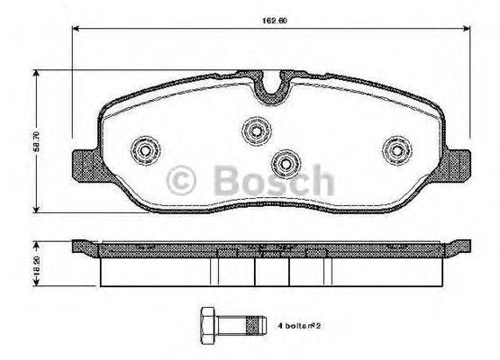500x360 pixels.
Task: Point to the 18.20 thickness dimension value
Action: click(37, 262)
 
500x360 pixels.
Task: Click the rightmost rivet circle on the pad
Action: click(395, 148)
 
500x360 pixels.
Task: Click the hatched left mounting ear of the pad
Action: click(83, 165)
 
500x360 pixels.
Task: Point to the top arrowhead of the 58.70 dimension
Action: click(36, 76)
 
